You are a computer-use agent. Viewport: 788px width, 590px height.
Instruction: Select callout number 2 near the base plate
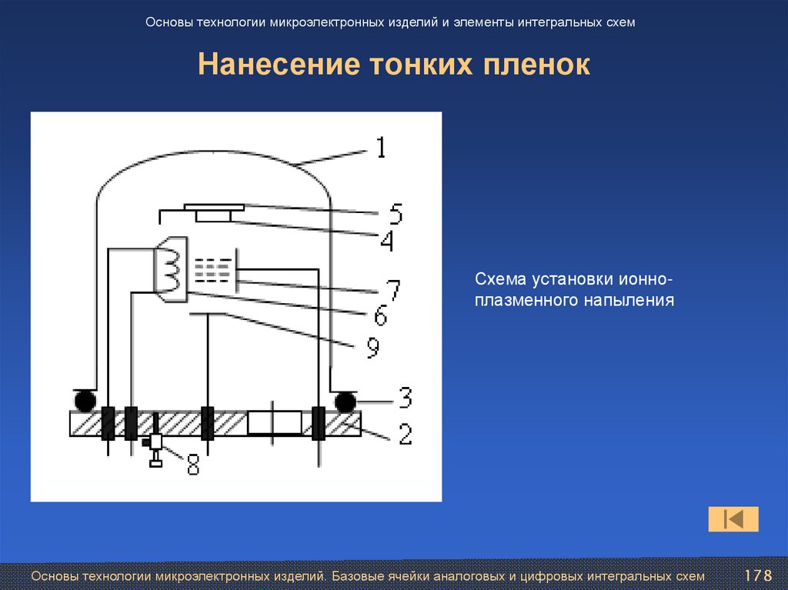point(403,435)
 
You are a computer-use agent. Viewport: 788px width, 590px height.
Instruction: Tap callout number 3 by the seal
point(403,398)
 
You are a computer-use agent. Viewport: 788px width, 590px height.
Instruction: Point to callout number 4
point(386,242)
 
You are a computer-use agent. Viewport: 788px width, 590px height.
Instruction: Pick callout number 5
point(395,212)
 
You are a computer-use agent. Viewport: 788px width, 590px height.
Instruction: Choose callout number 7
point(392,290)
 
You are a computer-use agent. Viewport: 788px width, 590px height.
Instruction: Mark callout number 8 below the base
point(192,464)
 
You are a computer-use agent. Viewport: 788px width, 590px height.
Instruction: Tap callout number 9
point(372,348)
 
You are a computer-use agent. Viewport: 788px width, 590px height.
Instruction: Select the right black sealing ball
point(345,401)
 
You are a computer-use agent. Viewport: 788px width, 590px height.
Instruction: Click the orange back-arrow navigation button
point(733,519)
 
